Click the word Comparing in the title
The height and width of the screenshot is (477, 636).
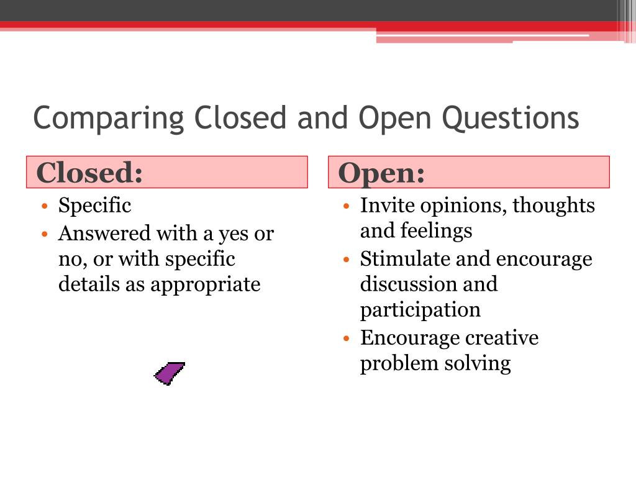pos(109,118)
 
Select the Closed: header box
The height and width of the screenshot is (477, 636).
pos(166,172)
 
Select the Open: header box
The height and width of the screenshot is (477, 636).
pos(468,172)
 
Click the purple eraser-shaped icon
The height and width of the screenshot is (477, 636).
pos(169,373)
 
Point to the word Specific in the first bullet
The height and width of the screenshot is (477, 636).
pos(94,205)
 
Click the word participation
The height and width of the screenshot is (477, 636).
pos(420,309)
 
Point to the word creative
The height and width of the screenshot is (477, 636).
pos(502,338)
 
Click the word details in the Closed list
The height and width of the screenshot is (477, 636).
pos(84,284)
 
